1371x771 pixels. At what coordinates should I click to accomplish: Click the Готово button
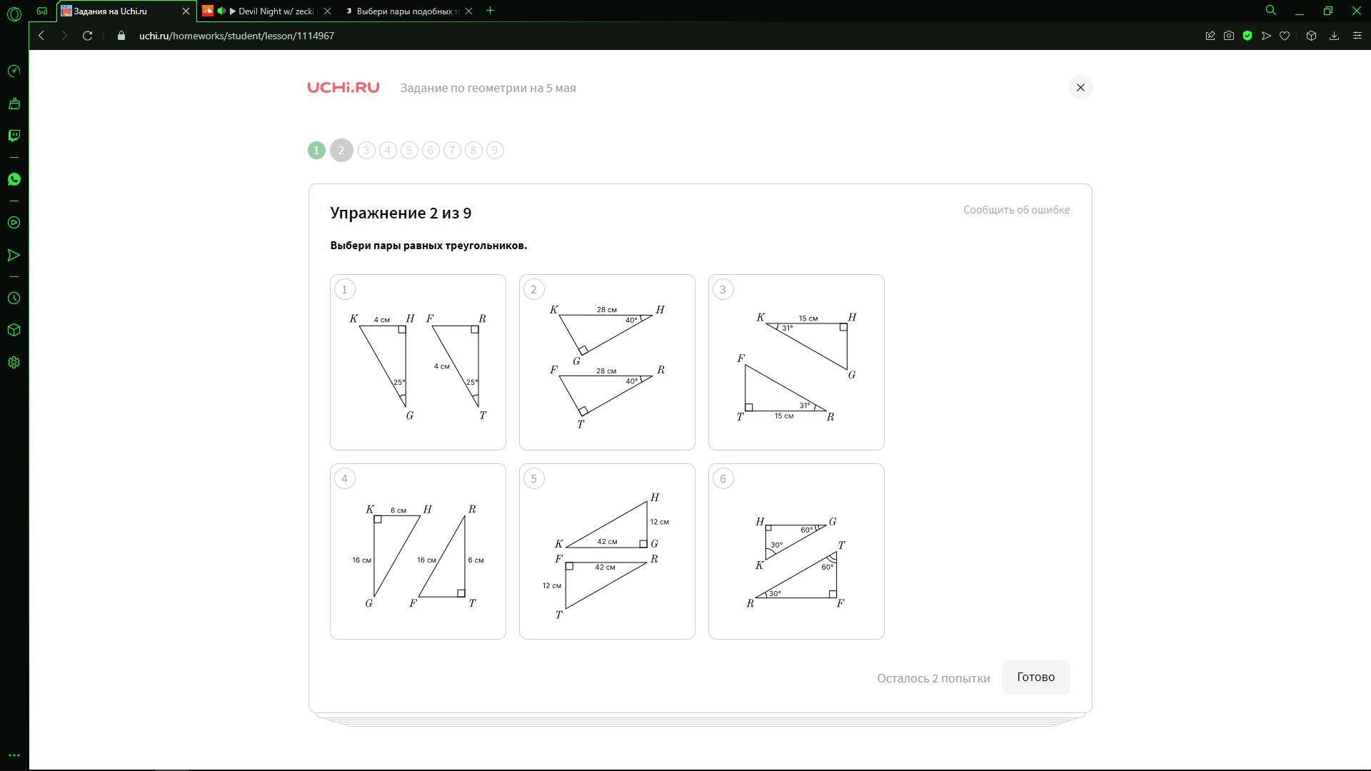(1035, 677)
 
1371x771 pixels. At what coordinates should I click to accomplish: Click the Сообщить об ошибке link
(1016, 210)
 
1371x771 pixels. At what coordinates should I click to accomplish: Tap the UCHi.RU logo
(343, 88)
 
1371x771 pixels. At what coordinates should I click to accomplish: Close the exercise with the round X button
(1080, 88)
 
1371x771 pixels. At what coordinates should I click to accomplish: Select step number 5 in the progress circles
(409, 151)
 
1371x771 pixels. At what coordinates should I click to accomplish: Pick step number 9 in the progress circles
(495, 151)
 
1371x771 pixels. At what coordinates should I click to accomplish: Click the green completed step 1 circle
(316, 151)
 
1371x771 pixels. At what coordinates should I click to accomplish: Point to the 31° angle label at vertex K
(787, 328)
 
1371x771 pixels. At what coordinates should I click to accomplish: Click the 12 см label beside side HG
(659, 522)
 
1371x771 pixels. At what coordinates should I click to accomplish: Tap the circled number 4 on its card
(344, 479)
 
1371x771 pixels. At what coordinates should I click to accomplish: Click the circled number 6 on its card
(723, 479)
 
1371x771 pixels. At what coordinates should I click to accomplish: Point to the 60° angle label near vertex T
(827, 568)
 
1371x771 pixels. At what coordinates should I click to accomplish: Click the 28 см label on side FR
(606, 371)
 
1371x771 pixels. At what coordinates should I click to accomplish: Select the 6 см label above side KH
(398, 510)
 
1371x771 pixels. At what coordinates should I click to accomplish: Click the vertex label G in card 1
(410, 415)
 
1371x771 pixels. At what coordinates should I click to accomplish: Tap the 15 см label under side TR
(784, 416)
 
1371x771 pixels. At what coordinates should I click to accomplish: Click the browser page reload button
(87, 36)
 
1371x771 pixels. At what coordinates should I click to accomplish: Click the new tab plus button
(490, 11)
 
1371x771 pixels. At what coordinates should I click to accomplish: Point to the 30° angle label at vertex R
(775, 594)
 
